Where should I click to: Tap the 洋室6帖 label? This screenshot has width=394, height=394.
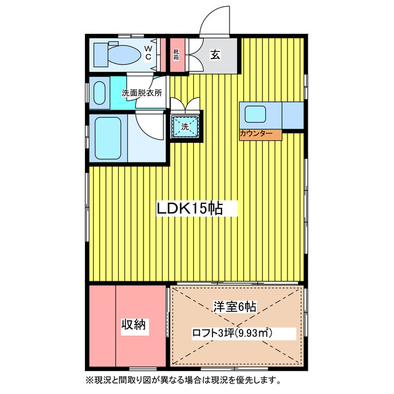point(235,306)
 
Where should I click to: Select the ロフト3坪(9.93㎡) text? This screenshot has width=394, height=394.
point(232,333)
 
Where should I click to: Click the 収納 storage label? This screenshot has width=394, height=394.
point(132,325)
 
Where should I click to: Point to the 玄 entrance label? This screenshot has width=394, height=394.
point(215,55)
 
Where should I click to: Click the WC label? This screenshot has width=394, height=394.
point(148,52)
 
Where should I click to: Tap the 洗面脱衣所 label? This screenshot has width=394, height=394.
point(142,94)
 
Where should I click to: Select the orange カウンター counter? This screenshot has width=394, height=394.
point(260,134)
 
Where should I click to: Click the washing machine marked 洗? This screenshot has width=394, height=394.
point(185,127)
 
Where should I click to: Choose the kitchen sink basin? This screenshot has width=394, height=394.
point(254,114)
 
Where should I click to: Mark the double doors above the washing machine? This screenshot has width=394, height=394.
point(185,105)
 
